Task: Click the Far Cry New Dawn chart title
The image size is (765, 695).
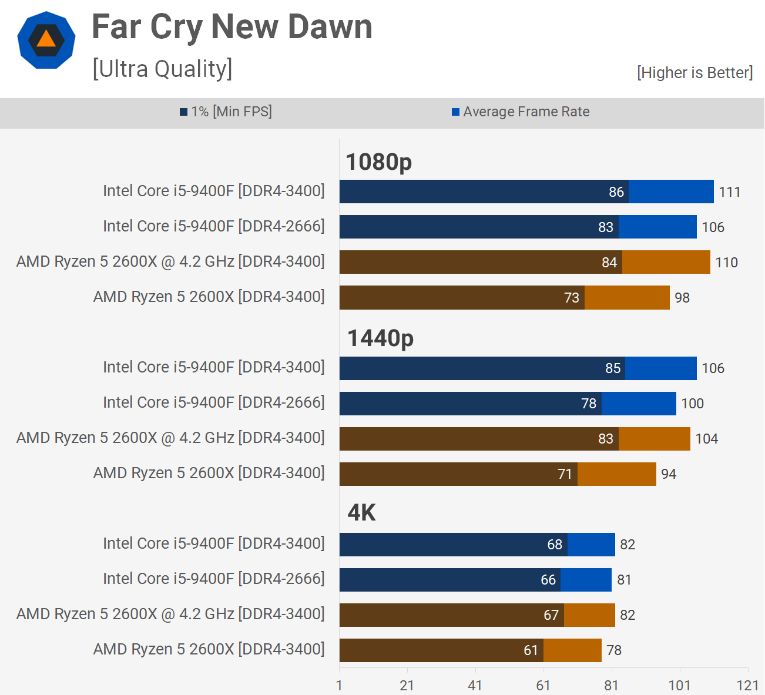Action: tap(232, 28)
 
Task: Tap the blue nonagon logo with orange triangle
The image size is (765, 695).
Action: tap(46, 40)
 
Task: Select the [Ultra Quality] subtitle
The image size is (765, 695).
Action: tap(162, 69)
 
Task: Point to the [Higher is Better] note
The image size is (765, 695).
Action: tap(694, 72)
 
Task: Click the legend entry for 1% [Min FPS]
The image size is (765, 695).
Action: tap(226, 112)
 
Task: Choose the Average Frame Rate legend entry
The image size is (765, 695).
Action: tap(521, 112)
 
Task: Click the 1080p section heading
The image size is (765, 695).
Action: tap(378, 162)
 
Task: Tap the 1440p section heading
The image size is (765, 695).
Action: tap(380, 338)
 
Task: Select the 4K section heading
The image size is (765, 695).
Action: tap(361, 513)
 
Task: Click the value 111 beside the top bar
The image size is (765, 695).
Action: tap(729, 192)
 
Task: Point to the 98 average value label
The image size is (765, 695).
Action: tap(682, 298)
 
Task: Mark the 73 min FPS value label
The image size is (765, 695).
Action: tap(572, 298)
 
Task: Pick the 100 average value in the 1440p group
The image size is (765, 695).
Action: tap(692, 404)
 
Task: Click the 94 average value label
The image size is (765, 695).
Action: tap(669, 474)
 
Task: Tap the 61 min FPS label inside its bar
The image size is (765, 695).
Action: tap(531, 650)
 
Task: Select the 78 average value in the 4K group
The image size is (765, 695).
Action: tap(614, 650)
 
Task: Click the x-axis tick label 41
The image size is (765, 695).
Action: tap(475, 685)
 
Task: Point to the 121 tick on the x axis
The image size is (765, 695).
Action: tap(747, 685)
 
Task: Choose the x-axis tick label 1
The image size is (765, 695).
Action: tap(339, 685)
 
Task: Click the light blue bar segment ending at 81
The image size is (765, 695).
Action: tap(586, 580)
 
